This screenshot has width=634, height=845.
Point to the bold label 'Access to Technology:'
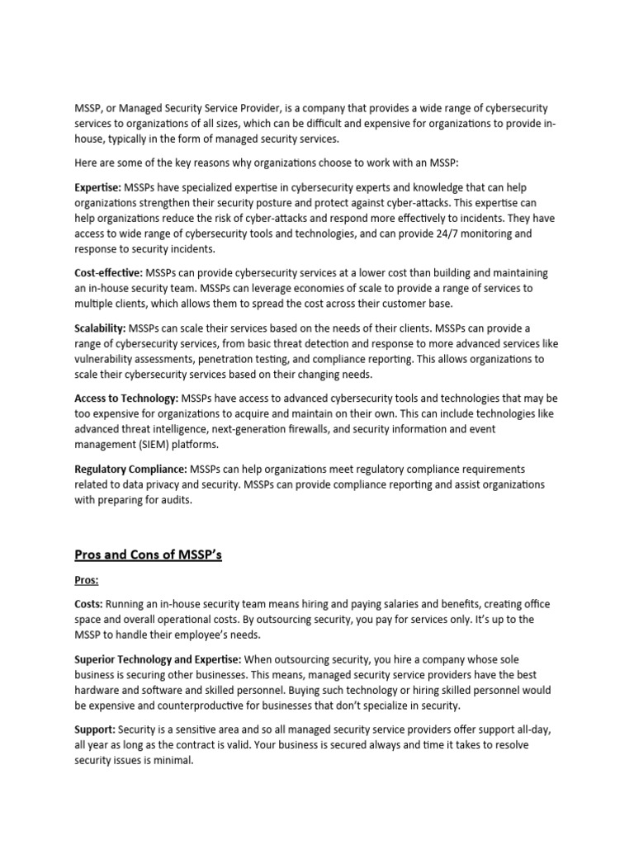pos(126,399)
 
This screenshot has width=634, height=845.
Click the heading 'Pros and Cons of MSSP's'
pos(148,555)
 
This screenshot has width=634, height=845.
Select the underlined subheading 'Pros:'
pos(86,581)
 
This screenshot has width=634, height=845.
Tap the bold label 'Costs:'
pos(88,605)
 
